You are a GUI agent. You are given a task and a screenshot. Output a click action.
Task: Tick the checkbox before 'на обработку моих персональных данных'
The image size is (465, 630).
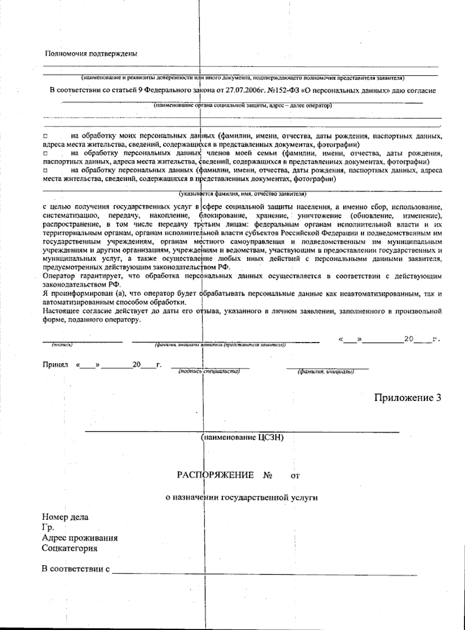(45, 137)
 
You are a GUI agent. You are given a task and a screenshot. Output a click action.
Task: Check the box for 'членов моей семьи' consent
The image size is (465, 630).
(45, 154)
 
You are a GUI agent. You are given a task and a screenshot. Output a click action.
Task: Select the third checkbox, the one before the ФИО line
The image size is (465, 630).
(45, 170)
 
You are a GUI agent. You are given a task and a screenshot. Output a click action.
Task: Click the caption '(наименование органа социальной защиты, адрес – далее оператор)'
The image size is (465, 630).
(242, 105)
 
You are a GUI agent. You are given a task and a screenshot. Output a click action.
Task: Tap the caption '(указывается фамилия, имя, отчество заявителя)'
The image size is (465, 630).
(243, 193)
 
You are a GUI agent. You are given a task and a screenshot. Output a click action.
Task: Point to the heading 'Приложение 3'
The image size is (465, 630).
(408, 398)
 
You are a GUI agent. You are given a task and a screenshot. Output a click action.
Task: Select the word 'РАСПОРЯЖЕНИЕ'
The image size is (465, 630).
(215, 475)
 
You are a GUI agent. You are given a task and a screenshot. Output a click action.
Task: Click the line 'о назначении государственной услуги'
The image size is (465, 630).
(241, 498)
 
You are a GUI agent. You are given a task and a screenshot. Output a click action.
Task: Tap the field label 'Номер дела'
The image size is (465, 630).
(65, 517)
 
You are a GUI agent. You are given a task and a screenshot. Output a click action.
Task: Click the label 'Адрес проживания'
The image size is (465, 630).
(80, 538)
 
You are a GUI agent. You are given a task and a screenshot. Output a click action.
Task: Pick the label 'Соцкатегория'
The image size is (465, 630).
(70, 548)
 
